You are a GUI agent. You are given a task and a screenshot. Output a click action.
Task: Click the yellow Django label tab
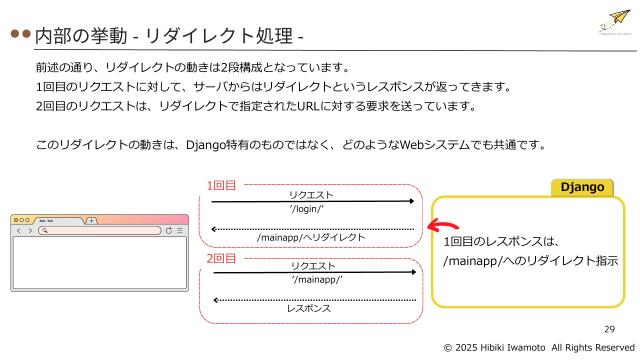[587, 187]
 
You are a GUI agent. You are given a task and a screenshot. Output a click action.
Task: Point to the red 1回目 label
[221, 185]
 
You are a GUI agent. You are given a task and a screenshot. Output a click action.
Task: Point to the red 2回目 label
[221, 258]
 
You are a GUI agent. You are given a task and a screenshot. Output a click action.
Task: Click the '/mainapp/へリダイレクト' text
[311, 238]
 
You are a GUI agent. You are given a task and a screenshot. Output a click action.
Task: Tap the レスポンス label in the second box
[309, 309]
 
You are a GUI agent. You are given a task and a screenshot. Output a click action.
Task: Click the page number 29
[609, 329]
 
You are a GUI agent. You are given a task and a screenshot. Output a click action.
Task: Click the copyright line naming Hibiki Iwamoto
[539, 346]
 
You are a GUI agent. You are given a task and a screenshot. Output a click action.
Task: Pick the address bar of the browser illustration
[100, 230]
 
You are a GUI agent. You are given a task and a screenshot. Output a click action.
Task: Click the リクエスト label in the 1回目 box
[311, 195]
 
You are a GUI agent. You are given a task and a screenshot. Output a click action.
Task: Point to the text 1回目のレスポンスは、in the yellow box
[500, 241]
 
